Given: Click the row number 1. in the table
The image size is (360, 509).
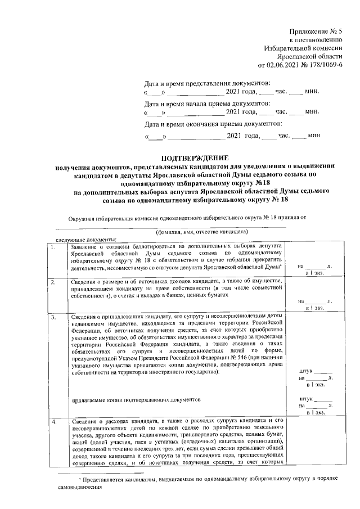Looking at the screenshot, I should (x=53, y=247).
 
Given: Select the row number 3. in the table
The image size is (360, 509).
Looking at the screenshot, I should (x=53, y=318).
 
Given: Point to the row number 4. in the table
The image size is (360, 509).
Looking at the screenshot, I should (x=53, y=420).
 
